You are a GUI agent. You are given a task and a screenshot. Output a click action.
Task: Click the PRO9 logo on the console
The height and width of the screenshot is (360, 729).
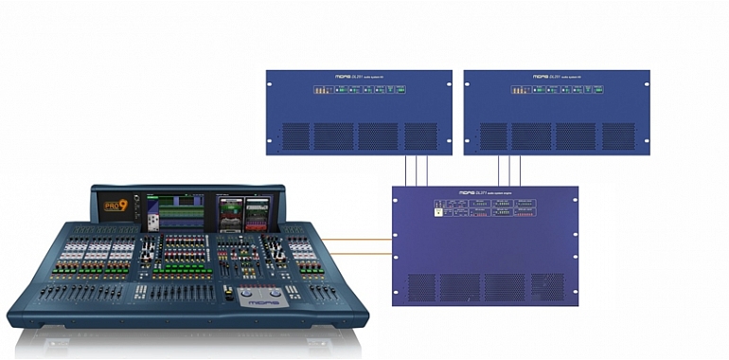[x=115, y=205]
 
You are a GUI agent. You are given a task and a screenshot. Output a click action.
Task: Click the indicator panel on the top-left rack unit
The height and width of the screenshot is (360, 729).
[x=358, y=91]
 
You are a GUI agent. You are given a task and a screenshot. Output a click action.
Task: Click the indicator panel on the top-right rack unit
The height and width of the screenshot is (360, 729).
[x=557, y=91]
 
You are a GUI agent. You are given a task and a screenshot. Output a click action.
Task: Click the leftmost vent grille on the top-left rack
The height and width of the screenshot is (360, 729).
[x=295, y=135]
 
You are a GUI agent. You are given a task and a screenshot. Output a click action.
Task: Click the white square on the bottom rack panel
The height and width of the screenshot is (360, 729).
[x=437, y=212]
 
